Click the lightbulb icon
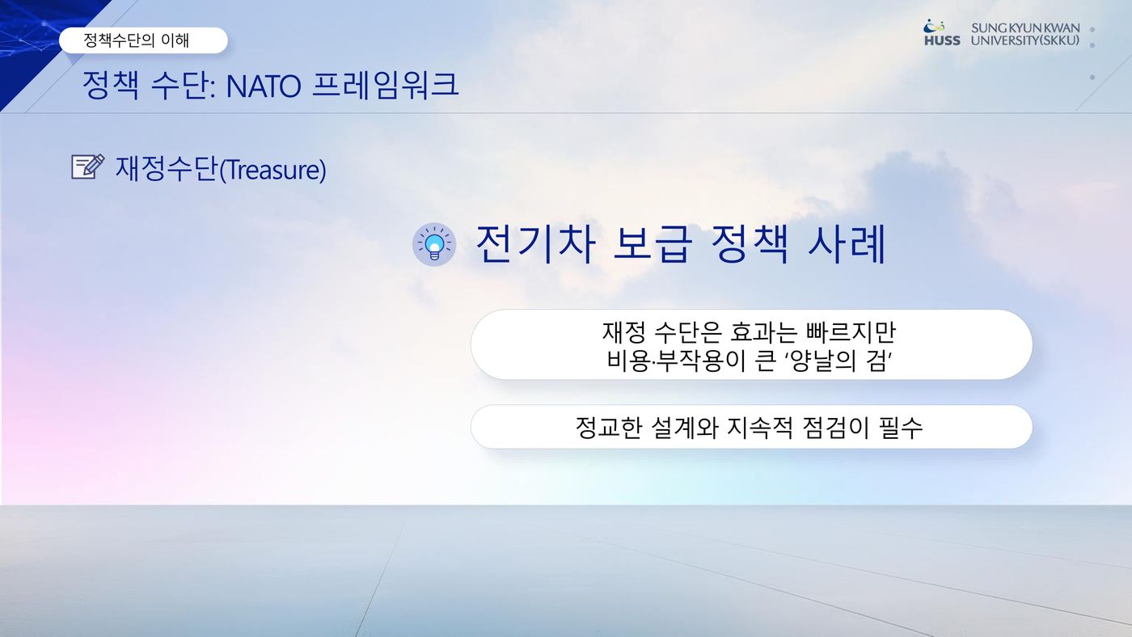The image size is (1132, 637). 434,244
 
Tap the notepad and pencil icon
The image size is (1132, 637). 88,167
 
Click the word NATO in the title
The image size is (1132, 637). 264,86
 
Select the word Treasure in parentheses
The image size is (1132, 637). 273,170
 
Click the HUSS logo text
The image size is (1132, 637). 942,40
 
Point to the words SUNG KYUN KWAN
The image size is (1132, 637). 1025,27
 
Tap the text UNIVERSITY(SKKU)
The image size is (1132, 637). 1025,40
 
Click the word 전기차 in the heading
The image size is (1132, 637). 535,244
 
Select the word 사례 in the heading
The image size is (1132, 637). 847,244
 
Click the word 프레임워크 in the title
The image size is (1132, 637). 386,85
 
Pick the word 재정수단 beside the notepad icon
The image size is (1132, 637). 167,169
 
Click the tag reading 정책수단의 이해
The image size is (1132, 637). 143,40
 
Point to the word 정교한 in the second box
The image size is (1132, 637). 609,428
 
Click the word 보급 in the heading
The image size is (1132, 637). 653,244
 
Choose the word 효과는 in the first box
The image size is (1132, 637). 763,332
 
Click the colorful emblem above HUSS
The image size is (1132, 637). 933,26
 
